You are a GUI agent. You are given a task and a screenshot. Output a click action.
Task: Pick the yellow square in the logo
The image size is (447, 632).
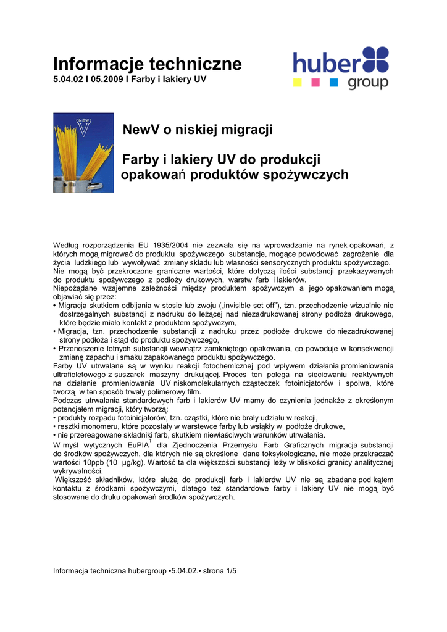pos(297,82)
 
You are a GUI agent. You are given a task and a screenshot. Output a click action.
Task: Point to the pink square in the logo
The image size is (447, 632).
pos(315,82)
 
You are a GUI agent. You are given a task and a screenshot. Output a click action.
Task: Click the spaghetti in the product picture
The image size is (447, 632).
pos(81,154)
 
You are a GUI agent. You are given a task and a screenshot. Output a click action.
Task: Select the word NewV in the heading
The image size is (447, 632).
pos(141,130)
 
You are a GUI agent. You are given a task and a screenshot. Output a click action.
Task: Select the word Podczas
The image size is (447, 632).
pos(66,400)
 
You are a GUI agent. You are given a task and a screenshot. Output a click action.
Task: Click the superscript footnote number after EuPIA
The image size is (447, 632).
pos(150,440)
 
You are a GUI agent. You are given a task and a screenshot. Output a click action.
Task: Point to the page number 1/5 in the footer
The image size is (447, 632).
pos(232,571)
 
